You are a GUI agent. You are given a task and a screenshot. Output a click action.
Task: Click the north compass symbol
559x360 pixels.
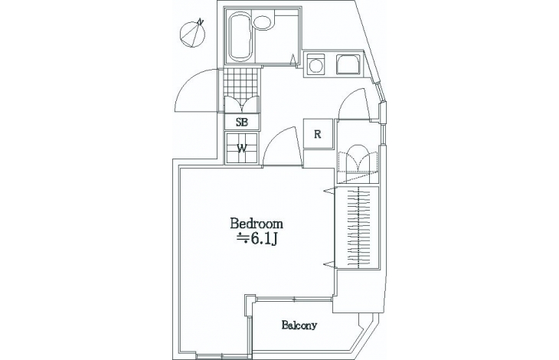click(x=193, y=34)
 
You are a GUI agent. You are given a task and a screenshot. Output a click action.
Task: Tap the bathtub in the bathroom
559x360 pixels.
click(x=240, y=37)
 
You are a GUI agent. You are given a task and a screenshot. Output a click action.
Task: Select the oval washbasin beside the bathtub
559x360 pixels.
click(x=263, y=23)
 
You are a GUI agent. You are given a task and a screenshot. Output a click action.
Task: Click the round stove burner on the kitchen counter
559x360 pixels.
click(x=315, y=66)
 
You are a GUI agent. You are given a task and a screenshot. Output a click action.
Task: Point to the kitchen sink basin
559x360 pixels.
click(x=348, y=64)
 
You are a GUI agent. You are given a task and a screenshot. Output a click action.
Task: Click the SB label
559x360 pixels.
click(x=241, y=123)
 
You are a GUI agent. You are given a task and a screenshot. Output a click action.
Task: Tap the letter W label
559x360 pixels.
click(x=242, y=149)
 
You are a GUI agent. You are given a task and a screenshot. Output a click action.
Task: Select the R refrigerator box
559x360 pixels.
click(x=318, y=134)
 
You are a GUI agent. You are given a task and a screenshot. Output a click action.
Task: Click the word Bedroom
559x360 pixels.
click(x=257, y=224)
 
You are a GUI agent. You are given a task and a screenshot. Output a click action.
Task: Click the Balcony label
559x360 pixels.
click(x=299, y=325)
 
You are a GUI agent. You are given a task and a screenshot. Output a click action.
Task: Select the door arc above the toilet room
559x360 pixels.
click(x=353, y=103)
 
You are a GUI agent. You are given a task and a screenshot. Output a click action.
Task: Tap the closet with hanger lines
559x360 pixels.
click(x=357, y=227)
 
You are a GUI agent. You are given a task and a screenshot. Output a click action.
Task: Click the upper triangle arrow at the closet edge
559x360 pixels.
click(x=329, y=191)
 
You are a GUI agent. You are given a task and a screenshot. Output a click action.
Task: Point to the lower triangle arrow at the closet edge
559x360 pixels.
click(x=329, y=264)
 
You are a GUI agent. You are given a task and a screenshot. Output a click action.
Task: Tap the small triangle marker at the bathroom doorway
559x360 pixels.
click(x=293, y=59)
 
